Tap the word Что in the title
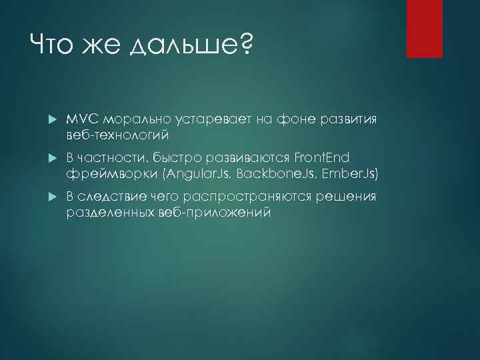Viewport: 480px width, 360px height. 53,47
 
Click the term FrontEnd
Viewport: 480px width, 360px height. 321,157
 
